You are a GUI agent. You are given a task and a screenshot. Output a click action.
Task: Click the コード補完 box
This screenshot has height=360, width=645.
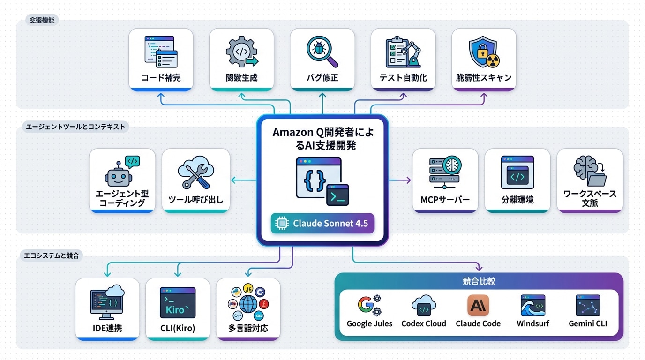(x=161, y=59)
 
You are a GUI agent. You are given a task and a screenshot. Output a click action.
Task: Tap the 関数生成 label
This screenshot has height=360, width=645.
(x=241, y=78)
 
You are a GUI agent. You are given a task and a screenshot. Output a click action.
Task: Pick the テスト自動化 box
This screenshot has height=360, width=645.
(x=403, y=59)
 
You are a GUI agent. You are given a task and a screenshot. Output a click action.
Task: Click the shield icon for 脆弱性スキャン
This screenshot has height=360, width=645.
(x=484, y=52)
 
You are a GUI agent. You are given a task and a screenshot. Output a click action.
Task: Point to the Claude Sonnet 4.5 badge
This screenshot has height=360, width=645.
(x=322, y=224)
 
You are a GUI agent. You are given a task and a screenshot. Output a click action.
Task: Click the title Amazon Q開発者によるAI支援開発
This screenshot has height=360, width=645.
(x=322, y=139)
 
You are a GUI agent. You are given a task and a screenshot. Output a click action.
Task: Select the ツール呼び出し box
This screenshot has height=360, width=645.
(x=195, y=180)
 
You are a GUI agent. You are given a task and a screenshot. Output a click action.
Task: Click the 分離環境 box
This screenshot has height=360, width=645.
(x=517, y=180)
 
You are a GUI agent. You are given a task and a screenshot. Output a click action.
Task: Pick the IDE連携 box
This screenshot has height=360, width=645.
(x=107, y=308)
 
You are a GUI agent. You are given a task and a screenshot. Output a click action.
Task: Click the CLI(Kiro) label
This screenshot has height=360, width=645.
(x=178, y=328)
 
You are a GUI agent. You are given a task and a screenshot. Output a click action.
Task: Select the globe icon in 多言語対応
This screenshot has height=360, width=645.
(x=248, y=304)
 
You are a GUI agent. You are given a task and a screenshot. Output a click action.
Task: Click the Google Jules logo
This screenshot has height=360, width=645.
(x=369, y=306)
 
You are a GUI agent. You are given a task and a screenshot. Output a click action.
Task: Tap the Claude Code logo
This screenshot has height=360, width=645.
(x=478, y=306)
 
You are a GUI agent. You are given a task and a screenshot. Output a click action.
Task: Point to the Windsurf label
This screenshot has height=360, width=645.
(x=533, y=324)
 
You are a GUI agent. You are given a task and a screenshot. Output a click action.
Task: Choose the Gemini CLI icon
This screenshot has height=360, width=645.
(x=588, y=306)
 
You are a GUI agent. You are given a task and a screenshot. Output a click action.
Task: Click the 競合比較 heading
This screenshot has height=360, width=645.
(x=479, y=282)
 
